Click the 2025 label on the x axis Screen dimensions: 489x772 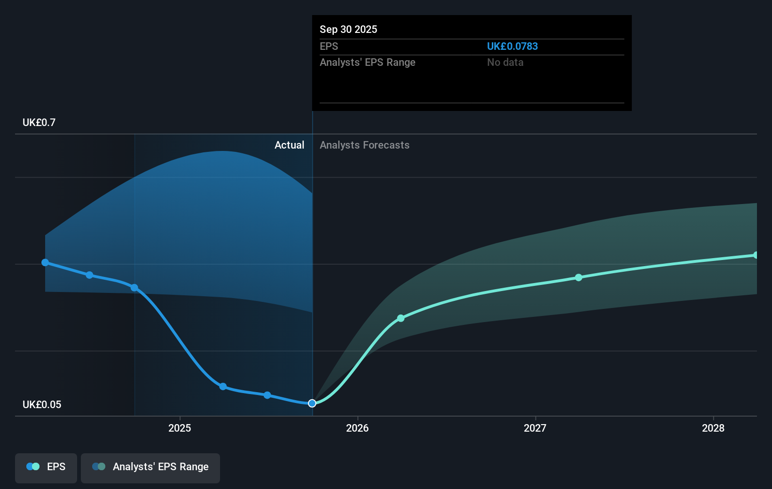pos(180,428)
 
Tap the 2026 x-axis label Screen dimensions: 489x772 pos(357,428)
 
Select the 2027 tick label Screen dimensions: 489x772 pos(535,428)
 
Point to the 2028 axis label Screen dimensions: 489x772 pos(713,428)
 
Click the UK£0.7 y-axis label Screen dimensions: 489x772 pos(39,123)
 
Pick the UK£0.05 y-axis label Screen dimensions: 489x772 pos(42,405)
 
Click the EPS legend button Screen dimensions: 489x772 pos(46,467)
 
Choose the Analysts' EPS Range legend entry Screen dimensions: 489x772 pos(150,467)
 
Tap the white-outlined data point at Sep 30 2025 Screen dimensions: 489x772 pos(312,403)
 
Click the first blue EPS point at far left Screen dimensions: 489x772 pos(45,262)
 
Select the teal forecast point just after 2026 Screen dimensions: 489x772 pos(401,318)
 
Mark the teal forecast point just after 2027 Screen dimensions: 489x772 pos(579,277)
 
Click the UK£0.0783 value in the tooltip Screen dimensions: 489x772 pos(512,47)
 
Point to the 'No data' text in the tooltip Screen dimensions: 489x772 pos(505,63)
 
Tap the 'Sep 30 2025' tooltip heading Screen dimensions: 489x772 pos(348,30)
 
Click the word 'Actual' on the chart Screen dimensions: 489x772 pos(289,145)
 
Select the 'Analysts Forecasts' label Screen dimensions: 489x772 pos(364,145)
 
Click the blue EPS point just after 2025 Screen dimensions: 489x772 pos(223,386)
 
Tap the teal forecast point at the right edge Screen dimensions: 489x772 pos(756,255)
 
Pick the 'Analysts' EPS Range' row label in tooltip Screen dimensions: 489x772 pos(367,63)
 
